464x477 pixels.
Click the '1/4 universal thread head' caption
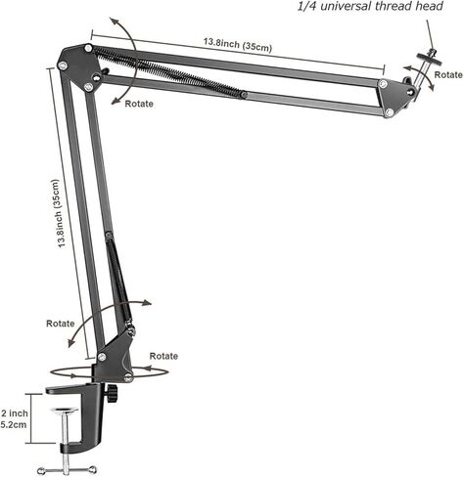[x=370, y=6]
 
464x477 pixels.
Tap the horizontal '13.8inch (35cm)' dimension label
[x=238, y=45]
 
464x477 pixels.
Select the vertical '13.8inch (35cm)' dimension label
[x=59, y=213]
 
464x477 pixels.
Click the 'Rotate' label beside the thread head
[x=448, y=74]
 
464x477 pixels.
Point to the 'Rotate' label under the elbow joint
[x=139, y=104]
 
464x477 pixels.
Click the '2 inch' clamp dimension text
[x=15, y=413]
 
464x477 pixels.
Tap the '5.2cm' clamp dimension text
[x=14, y=424]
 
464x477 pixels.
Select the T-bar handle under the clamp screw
[x=67, y=470]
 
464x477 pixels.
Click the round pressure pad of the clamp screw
[x=66, y=411]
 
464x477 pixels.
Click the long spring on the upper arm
[x=169, y=72]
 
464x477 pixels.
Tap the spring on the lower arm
[x=119, y=282]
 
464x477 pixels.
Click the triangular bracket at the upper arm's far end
[x=394, y=98]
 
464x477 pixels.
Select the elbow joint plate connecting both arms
[x=80, y=67]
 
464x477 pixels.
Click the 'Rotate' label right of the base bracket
[x=163, y=356]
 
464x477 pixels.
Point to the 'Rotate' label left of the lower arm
[x=61, y=324]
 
